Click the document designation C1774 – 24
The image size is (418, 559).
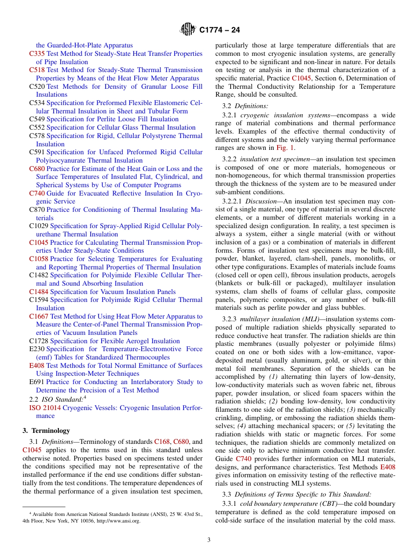click(220, 30)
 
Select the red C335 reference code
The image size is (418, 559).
click(37, 54)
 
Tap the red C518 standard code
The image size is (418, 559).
click(37, 70)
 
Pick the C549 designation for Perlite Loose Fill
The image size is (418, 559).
click(37, 119)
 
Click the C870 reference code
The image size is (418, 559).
click(37, 210)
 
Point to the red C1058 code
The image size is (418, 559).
click(39, 259)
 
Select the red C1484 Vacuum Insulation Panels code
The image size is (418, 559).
click(39, 292)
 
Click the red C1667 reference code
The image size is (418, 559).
click(39, 316)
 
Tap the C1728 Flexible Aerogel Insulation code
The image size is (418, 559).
click(39, 341)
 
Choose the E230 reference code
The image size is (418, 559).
click(37, 349)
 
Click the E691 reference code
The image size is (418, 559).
click(37, 382)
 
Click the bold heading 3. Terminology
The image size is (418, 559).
click(46, 431)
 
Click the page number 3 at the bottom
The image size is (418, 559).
click(209, 540)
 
